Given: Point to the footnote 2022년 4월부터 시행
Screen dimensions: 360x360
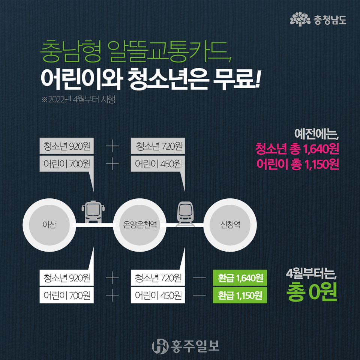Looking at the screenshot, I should pos(79,100).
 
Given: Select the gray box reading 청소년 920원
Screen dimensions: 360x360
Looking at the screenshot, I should pos(67,146).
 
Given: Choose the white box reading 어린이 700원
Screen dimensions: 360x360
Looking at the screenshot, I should pos(67,295).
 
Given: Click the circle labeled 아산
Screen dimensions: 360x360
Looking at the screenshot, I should pos(50,225).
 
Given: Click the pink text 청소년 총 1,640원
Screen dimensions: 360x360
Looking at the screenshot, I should pos(297,149).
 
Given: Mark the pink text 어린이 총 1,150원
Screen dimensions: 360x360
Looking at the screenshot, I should pos(298,164).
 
